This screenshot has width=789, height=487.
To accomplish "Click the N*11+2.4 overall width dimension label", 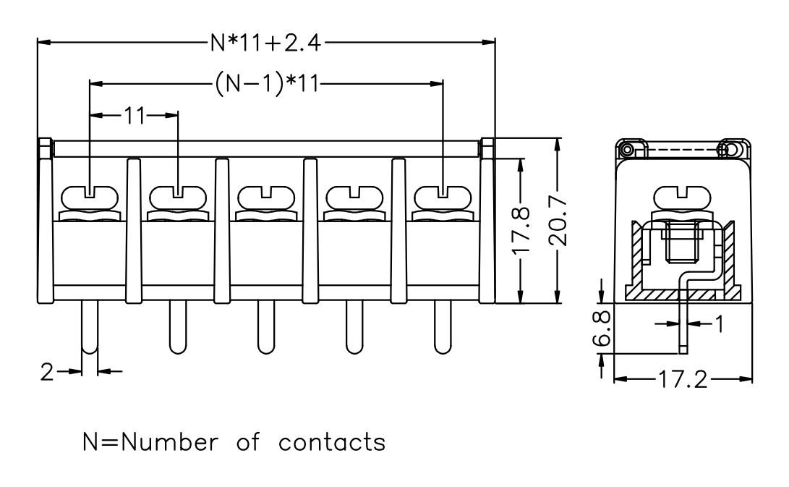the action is coord(265,43).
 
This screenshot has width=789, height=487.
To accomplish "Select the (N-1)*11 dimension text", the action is coord(267,83).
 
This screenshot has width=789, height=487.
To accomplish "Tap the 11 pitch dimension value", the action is coord(135,116).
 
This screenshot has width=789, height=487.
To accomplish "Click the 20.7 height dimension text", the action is coord(558,221).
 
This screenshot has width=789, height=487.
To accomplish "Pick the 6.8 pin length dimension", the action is coord(601,328).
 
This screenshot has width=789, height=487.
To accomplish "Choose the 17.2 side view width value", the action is coord(683,379).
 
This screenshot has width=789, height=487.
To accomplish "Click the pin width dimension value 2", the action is coord(47,372).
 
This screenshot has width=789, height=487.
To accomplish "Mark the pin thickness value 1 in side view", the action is coord(720,324).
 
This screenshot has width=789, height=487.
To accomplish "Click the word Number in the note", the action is coord(170,441).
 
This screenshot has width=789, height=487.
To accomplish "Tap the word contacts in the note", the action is coord(332,442).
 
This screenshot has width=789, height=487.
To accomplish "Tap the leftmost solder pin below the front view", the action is coord(90,328).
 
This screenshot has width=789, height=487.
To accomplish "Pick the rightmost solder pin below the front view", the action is coord(443,328).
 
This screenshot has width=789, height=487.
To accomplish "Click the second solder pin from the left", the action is coord(178,328).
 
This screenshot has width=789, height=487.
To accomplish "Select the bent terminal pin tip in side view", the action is coord(683,350).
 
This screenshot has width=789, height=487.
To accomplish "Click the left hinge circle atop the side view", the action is coord(627,150).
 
